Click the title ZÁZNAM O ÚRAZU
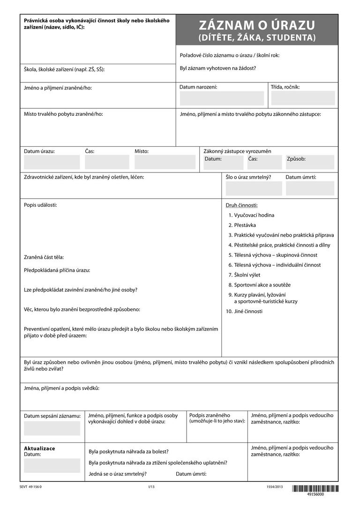coord(257,25)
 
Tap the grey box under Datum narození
coord(222,98)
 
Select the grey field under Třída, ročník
coord(303,98)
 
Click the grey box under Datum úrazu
coord(52,162)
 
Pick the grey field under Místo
coord(165,162)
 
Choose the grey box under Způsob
coord(310,162)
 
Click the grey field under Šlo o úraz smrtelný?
coord(254,188)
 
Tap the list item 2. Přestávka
coord(242,225)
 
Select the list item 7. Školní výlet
coord(244,275)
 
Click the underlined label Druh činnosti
coord(242,205)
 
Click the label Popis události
coord(40,205)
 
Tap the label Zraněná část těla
coord(44,257)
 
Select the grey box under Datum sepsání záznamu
coord(52,428)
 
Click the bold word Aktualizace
coord(39,449)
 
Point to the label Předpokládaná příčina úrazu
coord(57,270)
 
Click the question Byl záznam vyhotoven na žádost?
coord(218,68)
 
